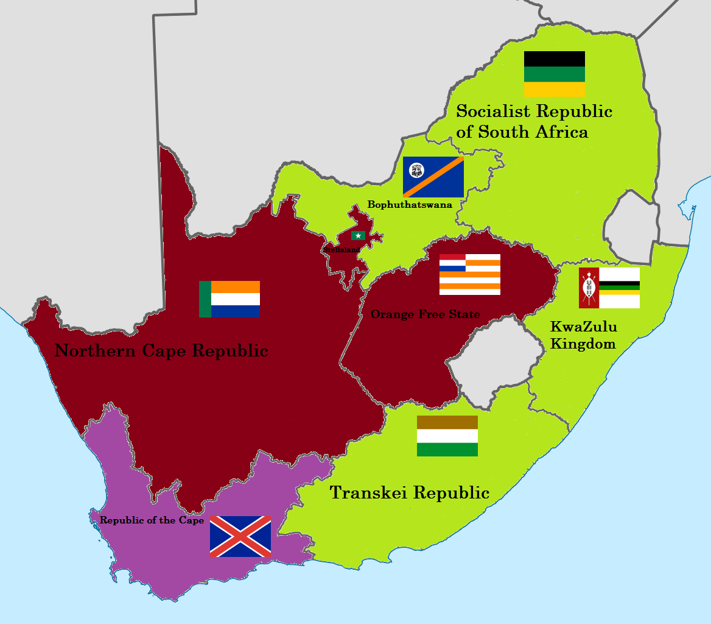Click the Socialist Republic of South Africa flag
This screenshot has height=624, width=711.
[x=554, y=74]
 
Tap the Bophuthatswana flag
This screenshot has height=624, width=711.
[x=433, y=177]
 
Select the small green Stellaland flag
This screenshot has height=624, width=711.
[x=357, y=236]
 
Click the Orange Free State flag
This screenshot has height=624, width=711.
[x=469, y=274]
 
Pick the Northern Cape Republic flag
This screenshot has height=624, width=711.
[x=229, y=299]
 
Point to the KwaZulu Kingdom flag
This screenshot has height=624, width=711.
[x=609, y=288]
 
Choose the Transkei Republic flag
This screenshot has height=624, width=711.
[x=447, y=436]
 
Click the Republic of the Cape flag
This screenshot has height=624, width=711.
[x=240, y=536]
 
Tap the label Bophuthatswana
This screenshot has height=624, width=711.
[x=410, y=205]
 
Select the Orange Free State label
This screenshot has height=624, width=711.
[x=425, y=314]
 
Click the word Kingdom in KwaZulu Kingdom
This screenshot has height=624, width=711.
[x=583, y=344]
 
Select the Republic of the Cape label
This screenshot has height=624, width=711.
[x=152, y=520]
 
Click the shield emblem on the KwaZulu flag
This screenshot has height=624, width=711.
[x=588, y=288]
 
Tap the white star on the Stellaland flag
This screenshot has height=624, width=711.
[x=357, y=236]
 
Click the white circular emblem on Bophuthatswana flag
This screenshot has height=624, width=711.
[x=417, y=171]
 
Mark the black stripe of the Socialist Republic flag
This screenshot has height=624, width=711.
[x=554, y=58]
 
